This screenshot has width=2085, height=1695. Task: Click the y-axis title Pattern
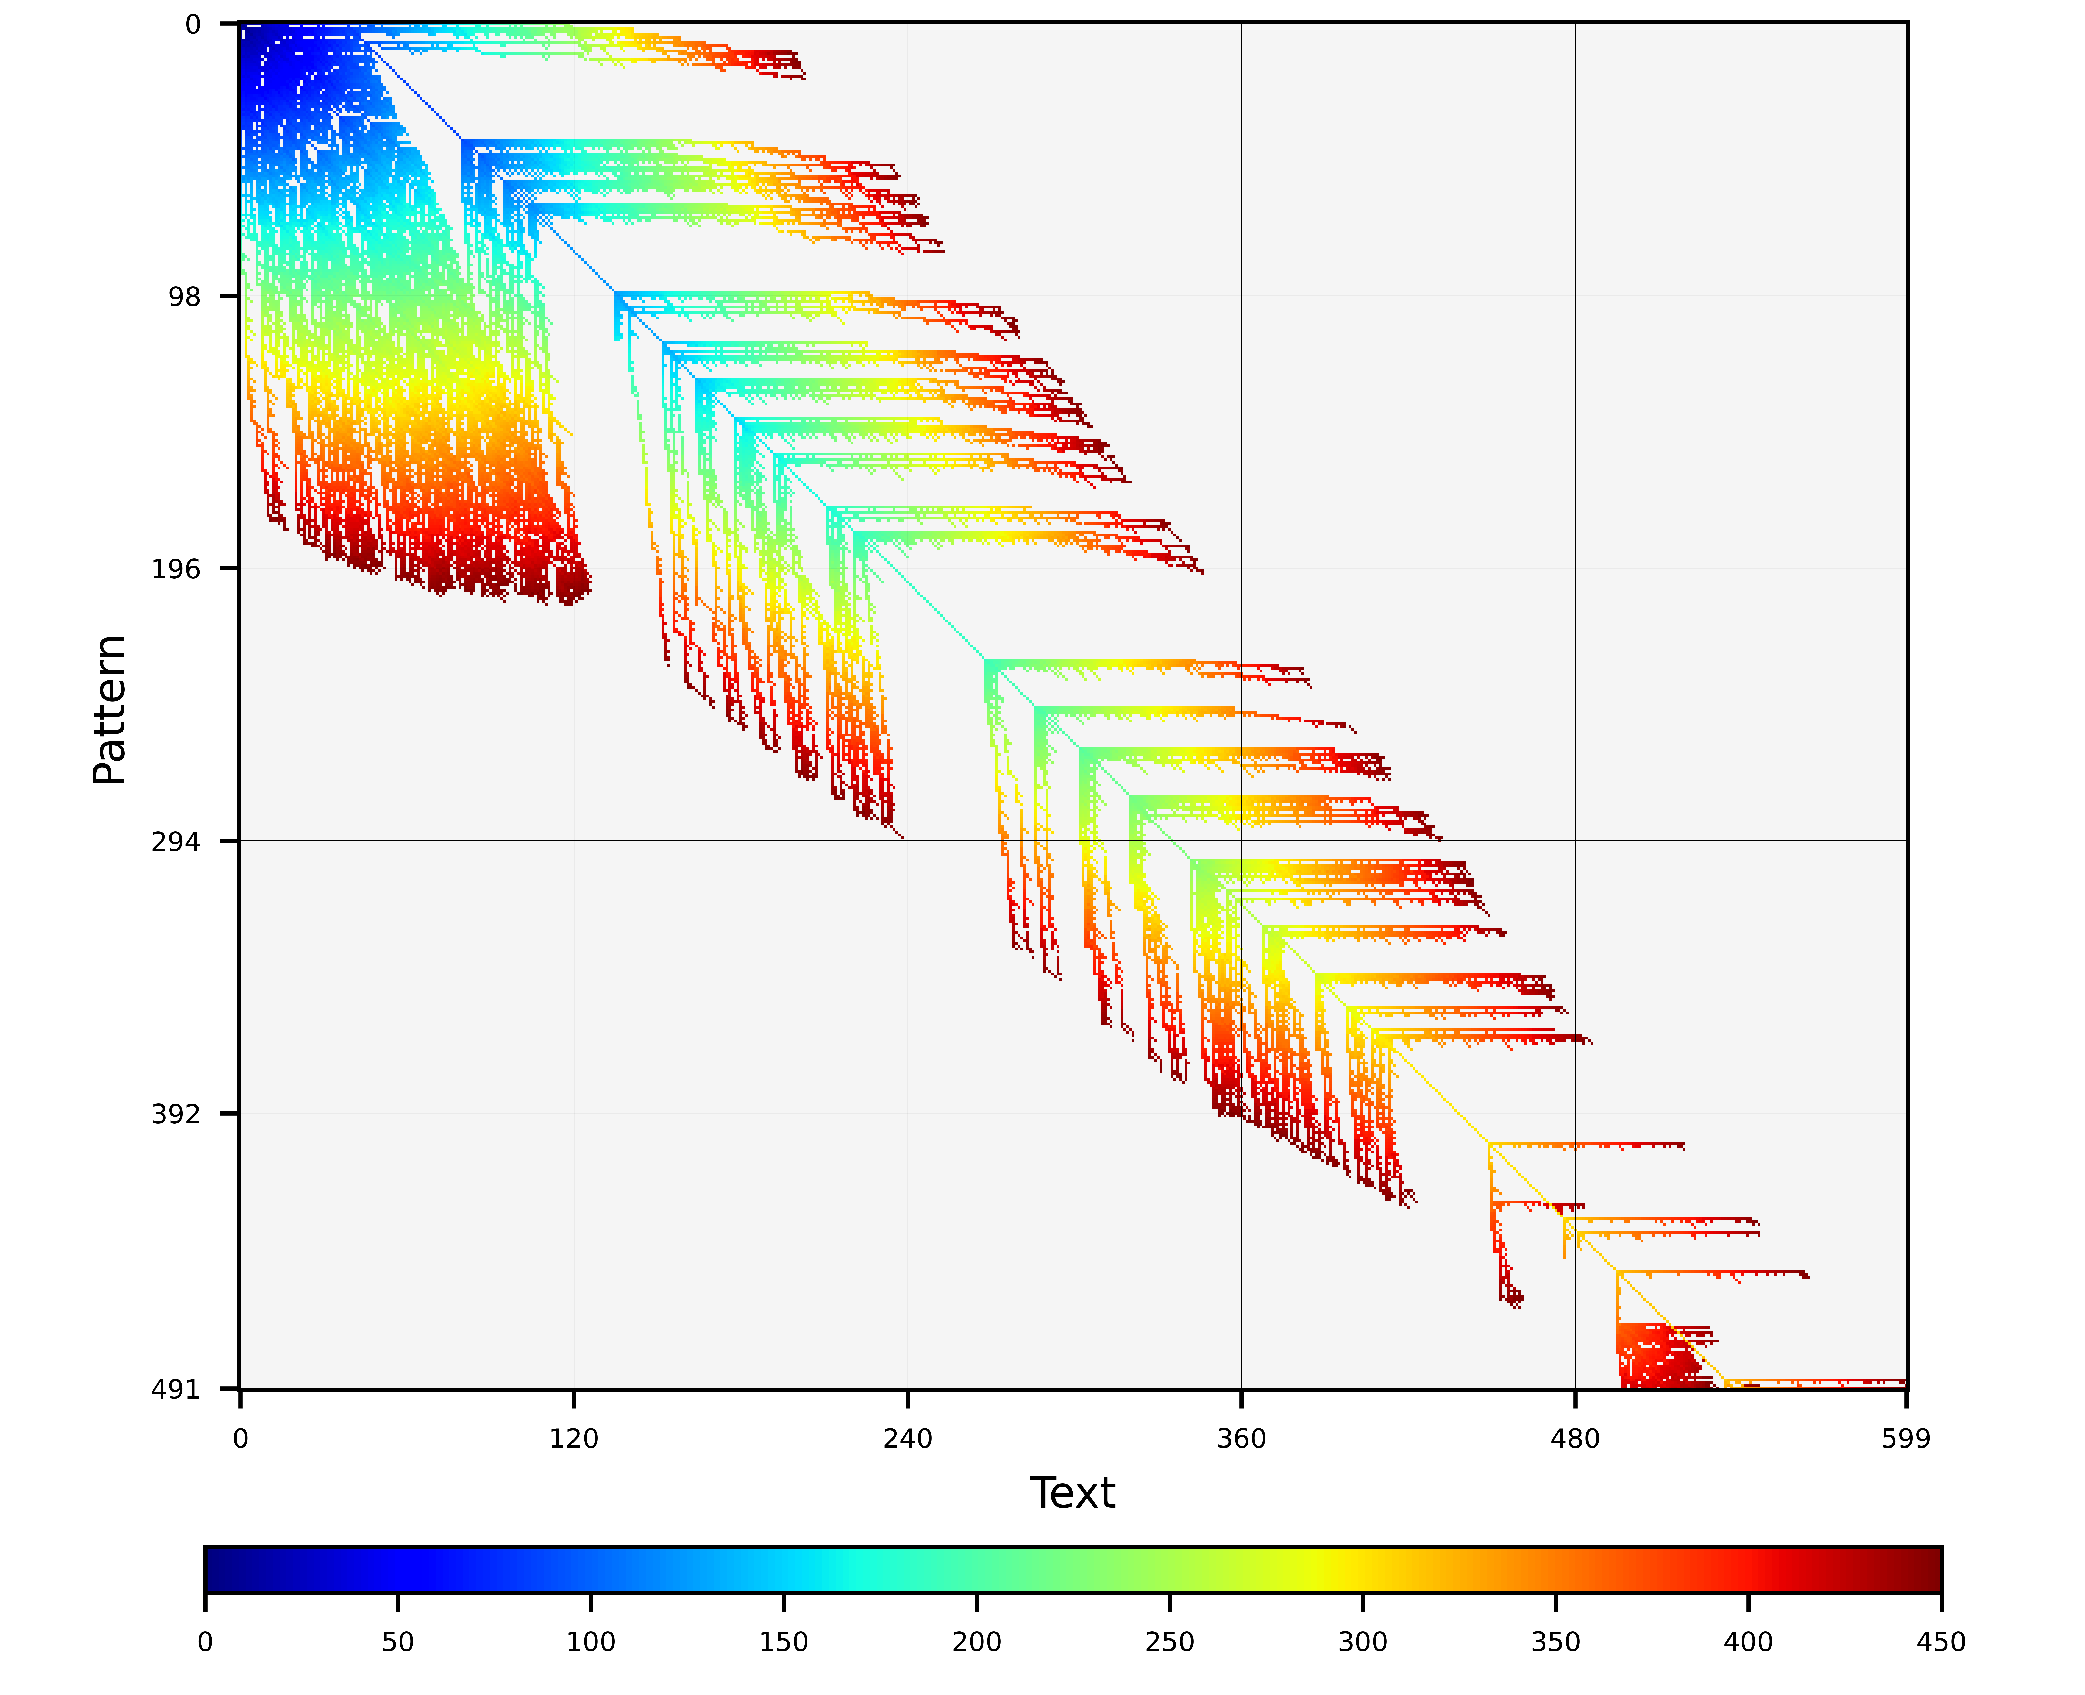109,710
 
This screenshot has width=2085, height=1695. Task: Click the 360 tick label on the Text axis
1241,1438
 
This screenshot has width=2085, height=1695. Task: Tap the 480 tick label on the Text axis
1575,1438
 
